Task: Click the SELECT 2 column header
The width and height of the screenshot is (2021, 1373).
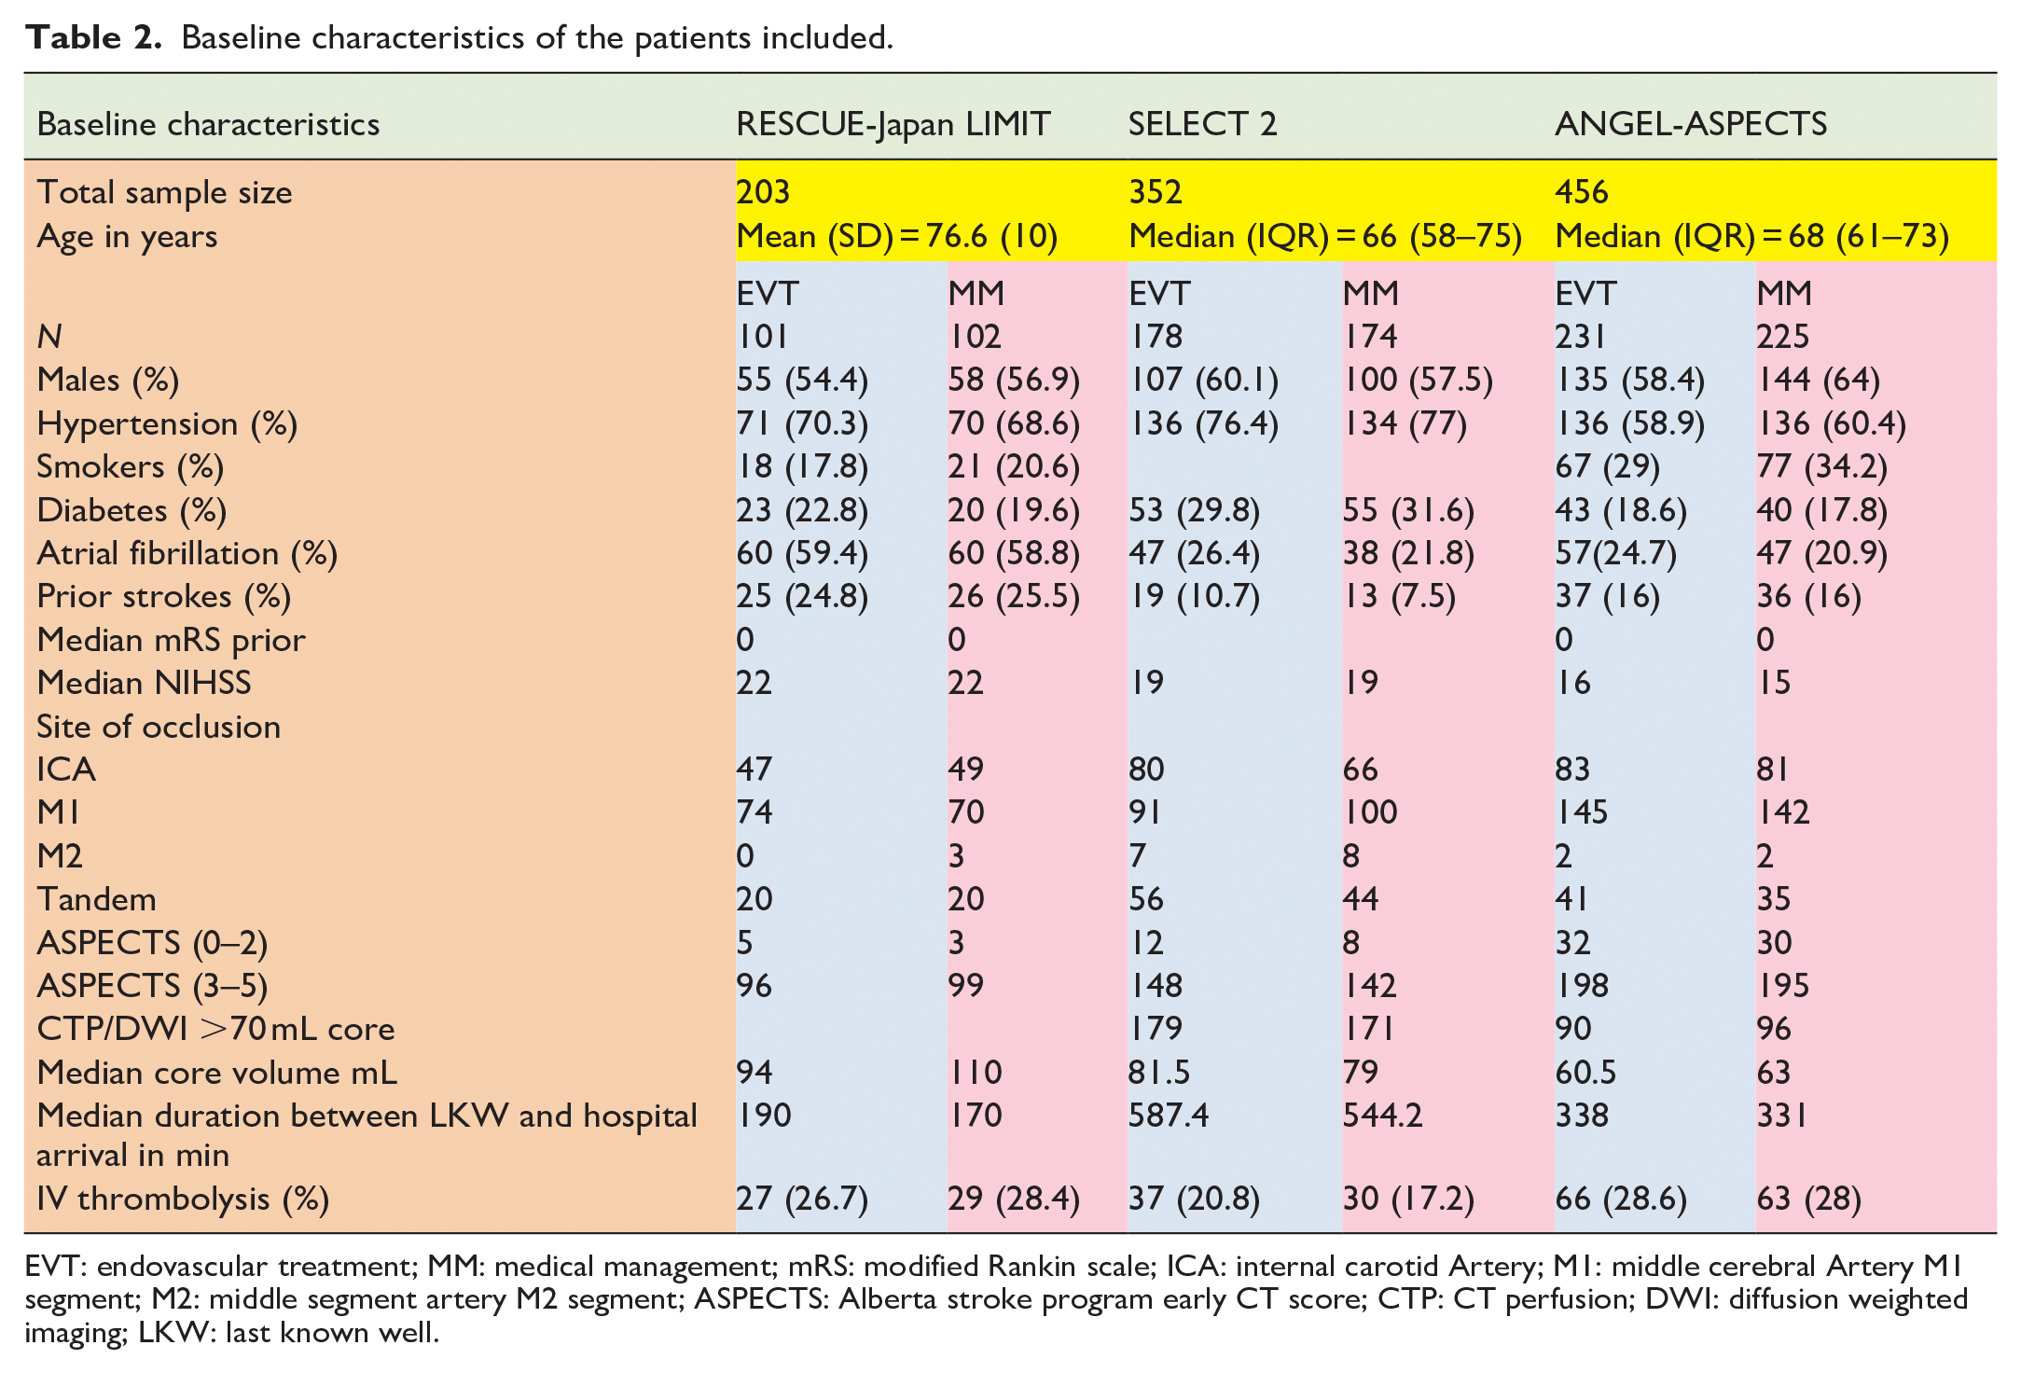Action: tap(1202, 124)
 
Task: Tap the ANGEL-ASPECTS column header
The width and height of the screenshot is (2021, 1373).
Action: tap(1691, 124)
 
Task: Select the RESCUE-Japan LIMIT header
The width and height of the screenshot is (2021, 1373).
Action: tap(893, 125)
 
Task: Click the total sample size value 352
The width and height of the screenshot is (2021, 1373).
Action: tap(1156, 192)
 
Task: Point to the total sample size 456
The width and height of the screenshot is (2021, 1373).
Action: tap(1582, 192)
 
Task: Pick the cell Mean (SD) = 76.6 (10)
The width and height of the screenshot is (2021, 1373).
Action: tap(897, 237)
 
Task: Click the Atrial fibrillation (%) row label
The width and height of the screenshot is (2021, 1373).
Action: tap(187, 554)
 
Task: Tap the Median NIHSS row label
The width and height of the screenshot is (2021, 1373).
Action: tap(144, 683)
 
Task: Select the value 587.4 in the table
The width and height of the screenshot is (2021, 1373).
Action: tap(1169, 1116)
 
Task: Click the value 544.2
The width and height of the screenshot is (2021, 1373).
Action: tap(1383, 1116)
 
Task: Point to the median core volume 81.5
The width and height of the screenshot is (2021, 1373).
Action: tap(1159, 1073)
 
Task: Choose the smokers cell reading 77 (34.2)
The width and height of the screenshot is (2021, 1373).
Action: tap(1822, 467)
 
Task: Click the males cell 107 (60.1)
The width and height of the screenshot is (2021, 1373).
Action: tap(1204, 381)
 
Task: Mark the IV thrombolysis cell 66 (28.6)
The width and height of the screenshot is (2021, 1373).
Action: tap(1621, 1200)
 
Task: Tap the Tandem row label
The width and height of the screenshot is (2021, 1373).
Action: tap(96, 900)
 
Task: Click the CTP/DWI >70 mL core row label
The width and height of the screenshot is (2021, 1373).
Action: tap(215, 1029)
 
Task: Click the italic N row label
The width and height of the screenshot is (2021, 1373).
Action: tap(49, 337)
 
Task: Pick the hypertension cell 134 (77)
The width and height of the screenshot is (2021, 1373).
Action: tap(1405, 424)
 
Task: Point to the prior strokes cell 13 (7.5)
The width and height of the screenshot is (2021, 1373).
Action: tap(1399, 597)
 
